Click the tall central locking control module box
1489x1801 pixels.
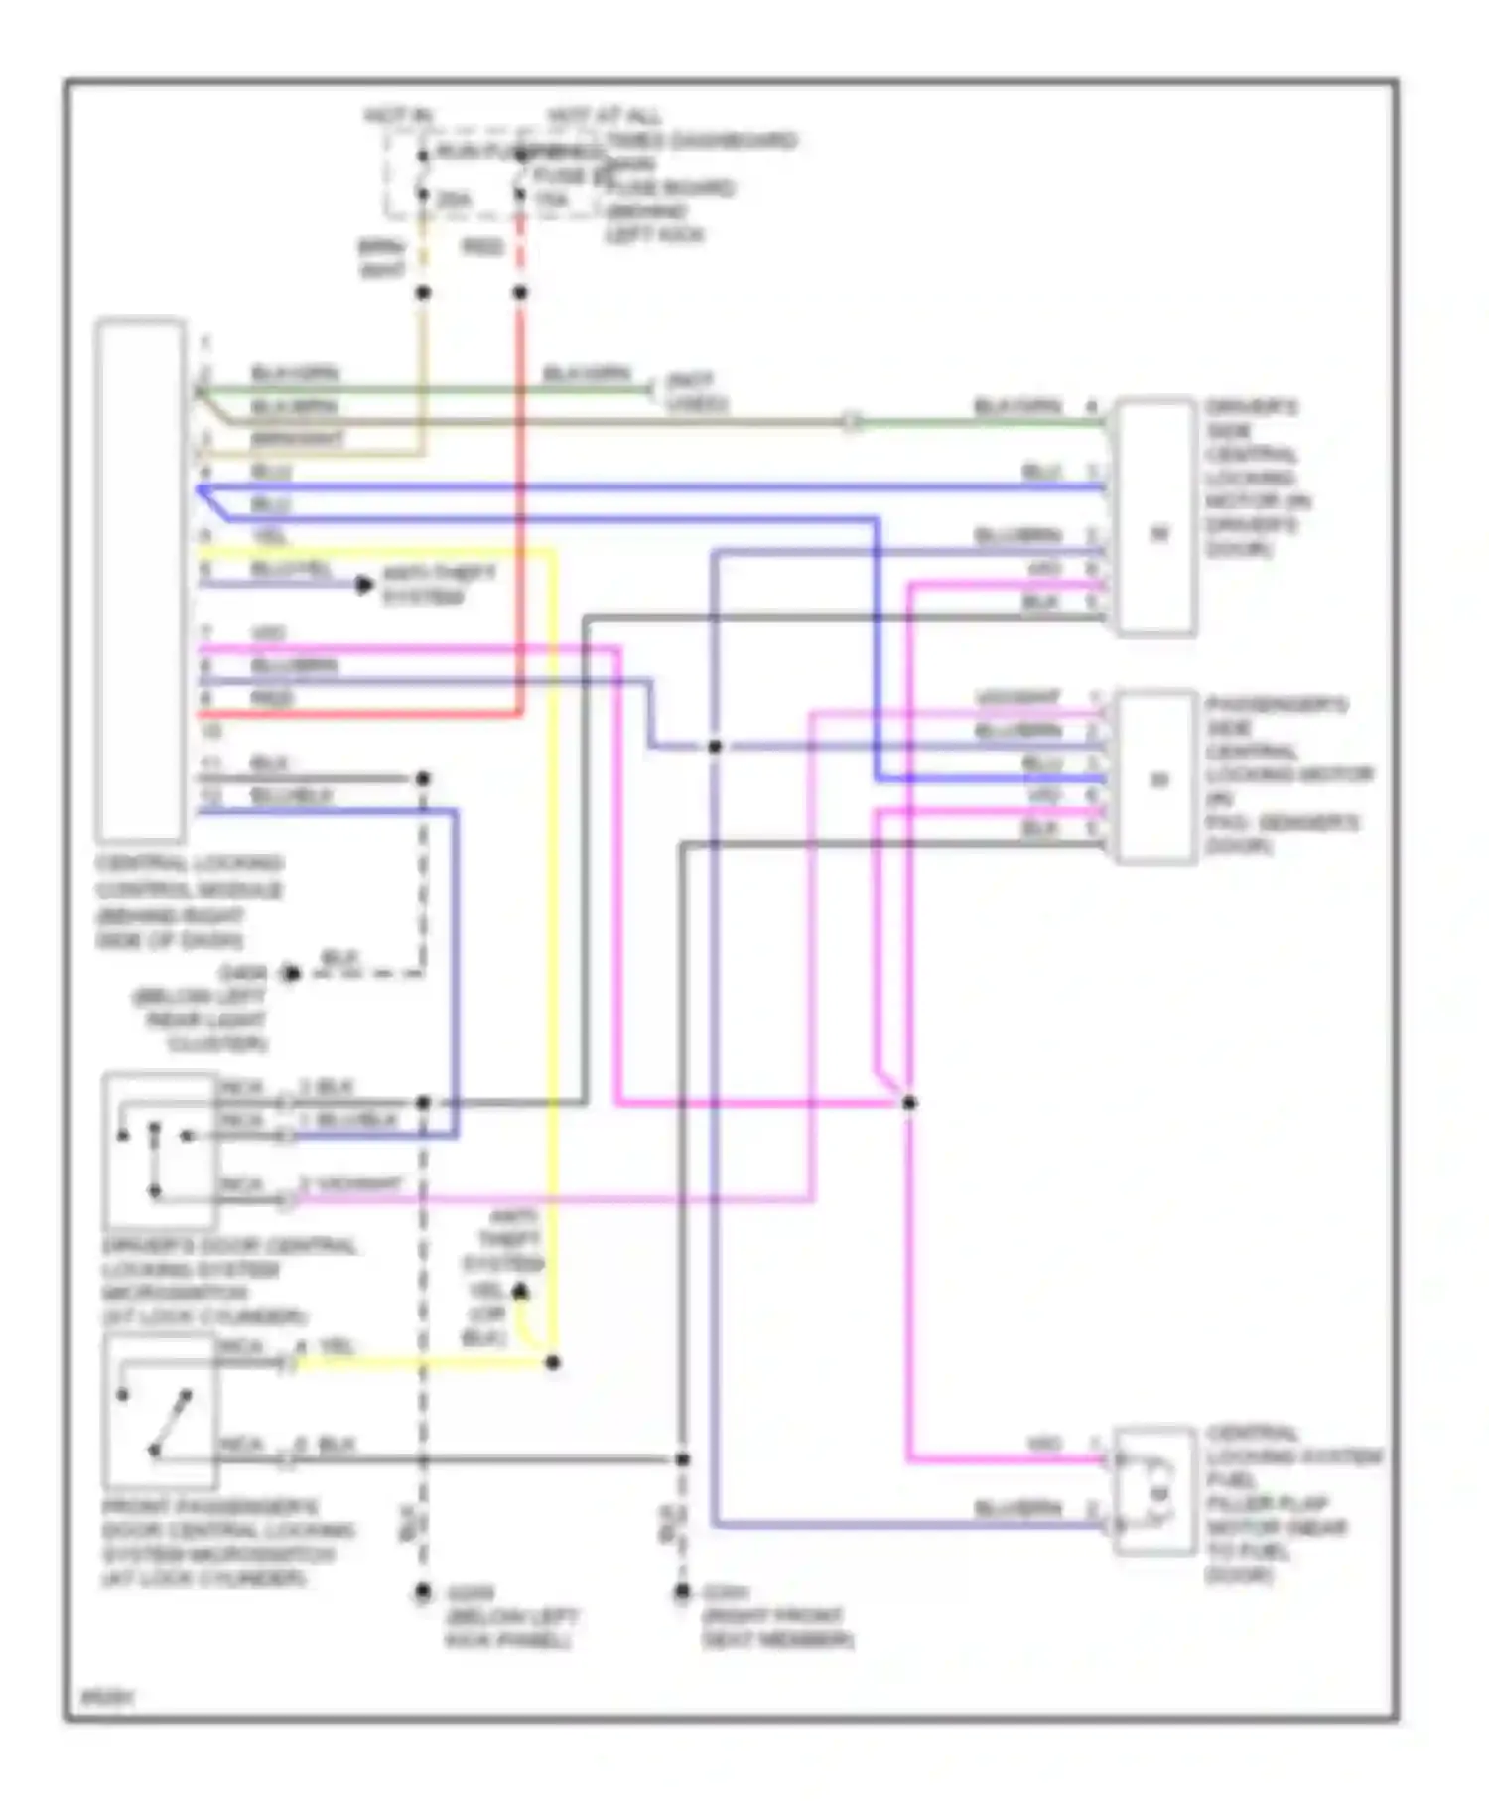(x=140, y=580)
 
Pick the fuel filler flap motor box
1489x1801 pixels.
(x=1154, y=1489)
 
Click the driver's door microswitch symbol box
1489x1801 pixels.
(x=159, y=1150)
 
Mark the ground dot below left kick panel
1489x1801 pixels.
(x=423, y=1593)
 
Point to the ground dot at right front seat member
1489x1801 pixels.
(x=682, y=1593)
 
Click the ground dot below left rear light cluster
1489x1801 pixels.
(x=290, y=973)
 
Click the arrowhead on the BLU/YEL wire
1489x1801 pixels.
(x=364, y=585)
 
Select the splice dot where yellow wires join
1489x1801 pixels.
(x=553, y=1362)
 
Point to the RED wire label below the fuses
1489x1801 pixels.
(x=482, y=247)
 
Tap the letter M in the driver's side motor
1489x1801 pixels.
(x=1158, y=534)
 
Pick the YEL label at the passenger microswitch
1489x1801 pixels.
(x=337, y=1347)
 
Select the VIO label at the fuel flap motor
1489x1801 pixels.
(x=1044, y=1444)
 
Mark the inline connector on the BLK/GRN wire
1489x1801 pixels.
(x=851, y=422)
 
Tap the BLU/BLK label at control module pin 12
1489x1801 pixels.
(x=291, y=796)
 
